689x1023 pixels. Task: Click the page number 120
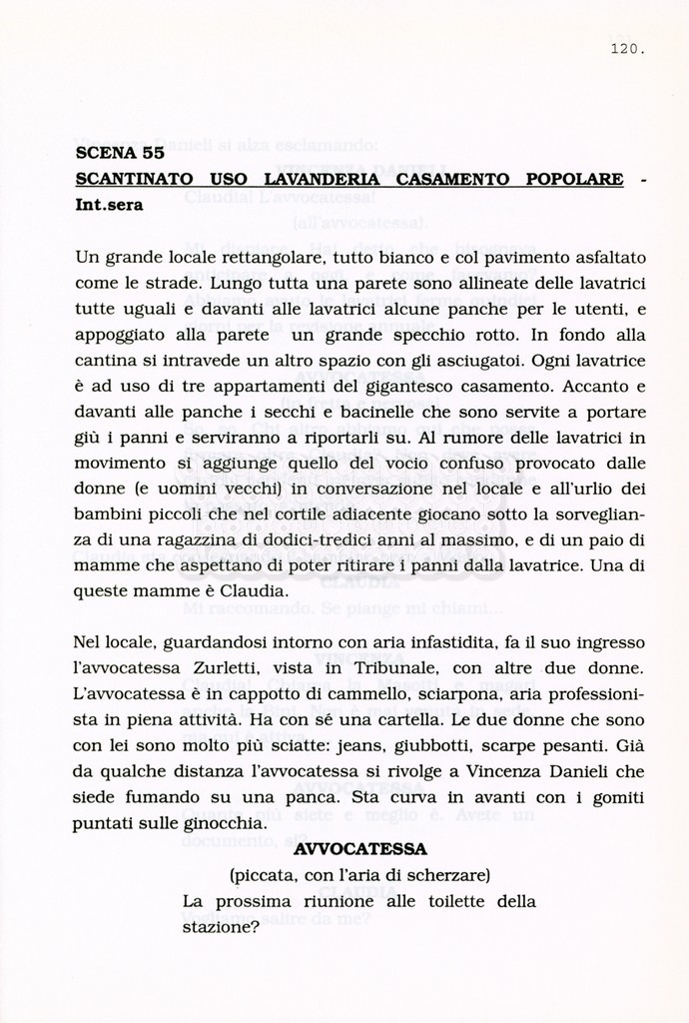click(627, 47)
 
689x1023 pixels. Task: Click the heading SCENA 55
click(120, 154)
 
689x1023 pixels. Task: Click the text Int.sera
click(110, 206)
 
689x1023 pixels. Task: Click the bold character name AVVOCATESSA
click(360, 849)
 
